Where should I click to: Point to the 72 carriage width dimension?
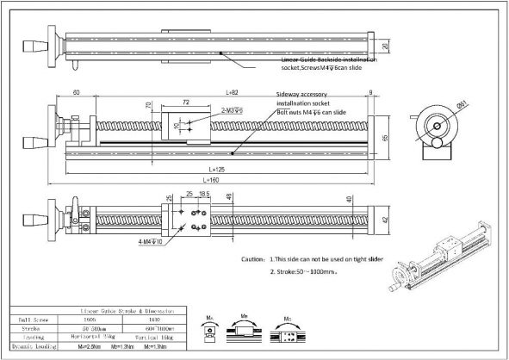[185, 102]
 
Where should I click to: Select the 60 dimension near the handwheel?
[76, 91]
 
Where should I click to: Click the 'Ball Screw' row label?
[32, 319]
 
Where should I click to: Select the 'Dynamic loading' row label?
[32, 349]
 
